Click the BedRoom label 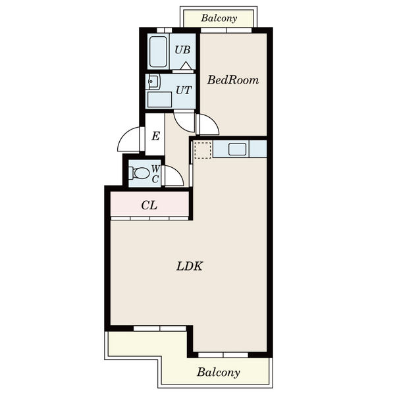233,80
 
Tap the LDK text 190,266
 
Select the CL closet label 149,205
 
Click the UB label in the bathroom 182,50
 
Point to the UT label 184,90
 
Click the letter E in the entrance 155,136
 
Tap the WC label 155,174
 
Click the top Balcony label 219,18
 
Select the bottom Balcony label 218,373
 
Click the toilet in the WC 139,173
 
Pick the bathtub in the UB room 158,51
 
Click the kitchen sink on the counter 237,149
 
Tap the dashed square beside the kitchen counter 203,150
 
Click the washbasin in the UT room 153,82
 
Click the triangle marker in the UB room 186,65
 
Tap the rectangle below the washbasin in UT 159,99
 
